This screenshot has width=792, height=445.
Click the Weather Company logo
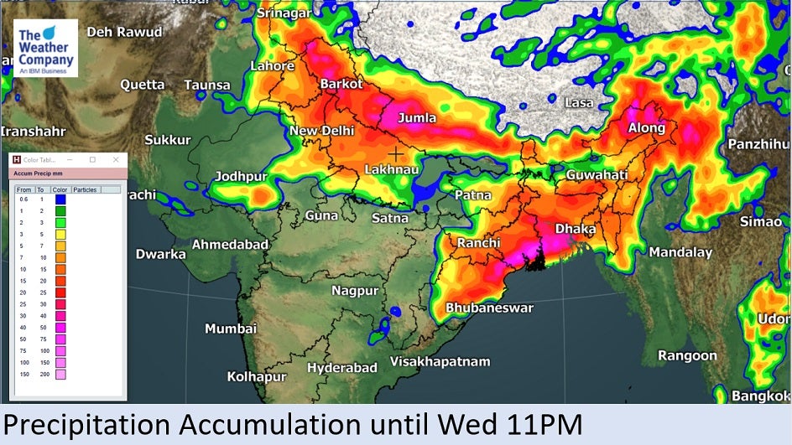click(x=45, y=49)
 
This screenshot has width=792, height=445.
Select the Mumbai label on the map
click(x=231, y=329)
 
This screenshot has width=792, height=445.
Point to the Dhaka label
click(x=576, y=229)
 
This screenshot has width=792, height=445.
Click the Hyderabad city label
click(x=341, y=368)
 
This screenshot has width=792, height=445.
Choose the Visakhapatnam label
click(x=440, y=362)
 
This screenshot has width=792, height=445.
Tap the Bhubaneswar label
click(x=489, y=308)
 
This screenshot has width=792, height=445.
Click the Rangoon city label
click(x=687, y=355)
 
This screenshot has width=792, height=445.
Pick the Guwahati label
click(x=597, y=175)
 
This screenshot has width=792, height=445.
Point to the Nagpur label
click(x=355, y=291)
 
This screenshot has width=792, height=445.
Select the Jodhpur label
click(x=241, y=176)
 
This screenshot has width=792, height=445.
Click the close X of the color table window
click(x=116, y=159)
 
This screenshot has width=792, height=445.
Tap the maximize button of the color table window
click(x=92, y=159)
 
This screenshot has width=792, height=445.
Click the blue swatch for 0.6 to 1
click(x=60, y=199)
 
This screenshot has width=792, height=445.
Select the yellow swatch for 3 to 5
click(x=60, y=235)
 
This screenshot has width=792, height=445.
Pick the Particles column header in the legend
click(x=85, y=189)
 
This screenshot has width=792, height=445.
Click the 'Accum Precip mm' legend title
click(x=39, y=173)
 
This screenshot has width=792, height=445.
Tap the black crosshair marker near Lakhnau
click(x=395, y=153)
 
